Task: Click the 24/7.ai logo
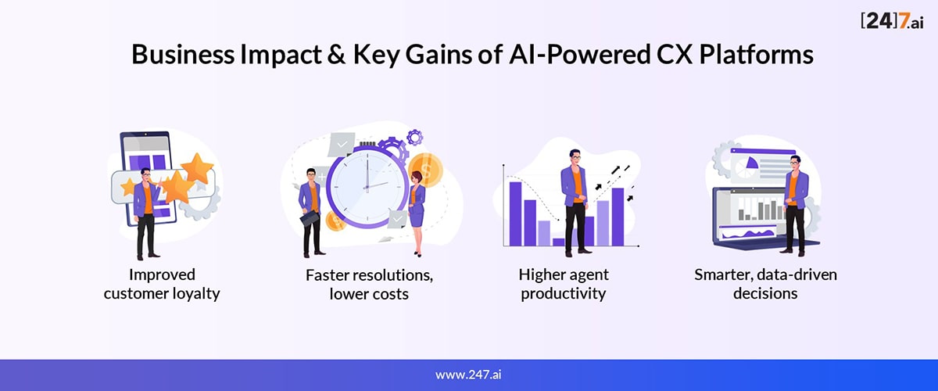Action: [x=892, y=20]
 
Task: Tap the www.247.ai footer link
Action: [x=468, y=375]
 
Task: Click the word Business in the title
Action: [x=183, y=54]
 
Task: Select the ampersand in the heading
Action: [x=336, y=55]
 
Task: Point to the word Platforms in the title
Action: [x=757, y=54]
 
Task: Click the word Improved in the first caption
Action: [x=162, y=275]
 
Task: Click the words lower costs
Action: [x=369, y=294]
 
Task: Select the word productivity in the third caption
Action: [x=564, y=294]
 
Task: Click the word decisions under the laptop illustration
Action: [x=765, y=293]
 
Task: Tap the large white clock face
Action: [x=367, y=187]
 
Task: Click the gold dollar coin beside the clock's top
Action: [x=426, y=168]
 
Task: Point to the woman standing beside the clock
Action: [x=417, y=213]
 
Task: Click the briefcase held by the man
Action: [x=310, y=218]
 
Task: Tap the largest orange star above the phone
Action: [x=197, y=168]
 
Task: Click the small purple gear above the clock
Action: [x=414, y=137]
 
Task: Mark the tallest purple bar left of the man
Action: [x=515, y=213]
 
